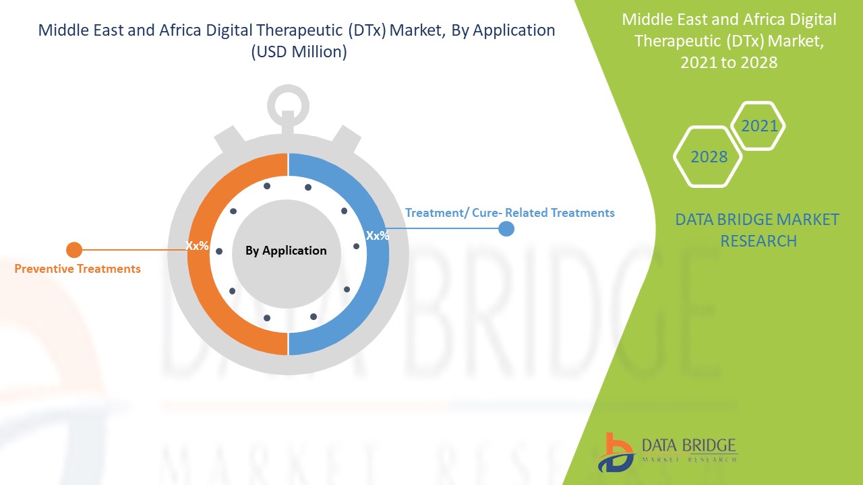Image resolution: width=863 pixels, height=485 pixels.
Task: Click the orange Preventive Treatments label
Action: (x=78, y=269)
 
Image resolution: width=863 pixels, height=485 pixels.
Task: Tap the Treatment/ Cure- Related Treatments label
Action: (x=510, y=213)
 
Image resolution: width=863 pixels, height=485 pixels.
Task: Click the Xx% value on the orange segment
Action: (x=198, y=246)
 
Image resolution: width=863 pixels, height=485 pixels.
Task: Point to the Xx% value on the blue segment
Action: (x=378, y=236)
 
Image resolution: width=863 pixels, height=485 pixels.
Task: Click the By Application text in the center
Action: (x=286, y=251)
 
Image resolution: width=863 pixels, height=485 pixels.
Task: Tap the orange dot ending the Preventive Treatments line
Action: (x=74, y=251)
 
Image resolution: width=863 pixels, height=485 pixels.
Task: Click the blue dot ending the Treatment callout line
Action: (x=506, y=229)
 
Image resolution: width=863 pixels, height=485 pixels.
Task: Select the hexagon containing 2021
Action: (x=758, y=126)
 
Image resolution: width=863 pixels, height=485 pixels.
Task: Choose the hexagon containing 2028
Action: (x=709, y=157)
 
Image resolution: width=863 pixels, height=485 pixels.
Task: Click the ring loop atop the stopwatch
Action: (x=288, y=105)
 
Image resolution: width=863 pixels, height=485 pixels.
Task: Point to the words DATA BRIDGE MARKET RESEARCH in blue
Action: (x=757, y=230)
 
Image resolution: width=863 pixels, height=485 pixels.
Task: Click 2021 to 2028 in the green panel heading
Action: (x=729, y=63)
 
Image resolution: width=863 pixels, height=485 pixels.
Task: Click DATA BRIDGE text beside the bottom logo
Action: (x=688, y=445)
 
